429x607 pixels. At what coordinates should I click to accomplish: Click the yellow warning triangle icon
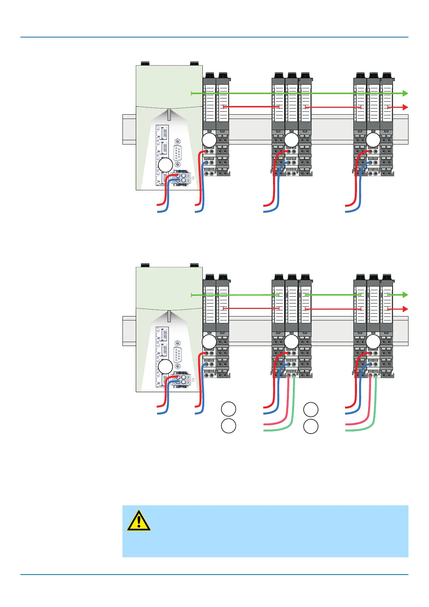click(x=139, y=520)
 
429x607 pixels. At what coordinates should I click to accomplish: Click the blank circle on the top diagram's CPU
click(x=165, y=165)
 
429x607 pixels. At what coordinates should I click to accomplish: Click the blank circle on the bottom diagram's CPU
click(x=165, y=367)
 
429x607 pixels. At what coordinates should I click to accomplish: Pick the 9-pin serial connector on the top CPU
click(x=177, y=153)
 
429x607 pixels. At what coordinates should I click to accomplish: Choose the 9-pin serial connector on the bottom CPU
click(x=177, y=354)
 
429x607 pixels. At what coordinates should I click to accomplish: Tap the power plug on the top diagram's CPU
click(x=182, y=178)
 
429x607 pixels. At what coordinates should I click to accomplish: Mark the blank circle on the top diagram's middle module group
click(x=291, y=140)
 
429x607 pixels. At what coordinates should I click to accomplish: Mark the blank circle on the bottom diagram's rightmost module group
click(x=373, y=342)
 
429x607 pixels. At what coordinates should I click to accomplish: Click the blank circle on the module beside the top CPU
click(x=209, y=140)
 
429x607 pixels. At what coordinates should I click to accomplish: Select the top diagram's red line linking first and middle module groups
click(x=251, y=107)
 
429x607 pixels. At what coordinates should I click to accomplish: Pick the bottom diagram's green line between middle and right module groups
click(x=333, y=295)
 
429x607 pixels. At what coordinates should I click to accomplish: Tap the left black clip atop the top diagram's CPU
click(x=145, y=63)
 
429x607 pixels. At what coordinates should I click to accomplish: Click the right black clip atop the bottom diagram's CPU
click(x=195, y=265)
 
